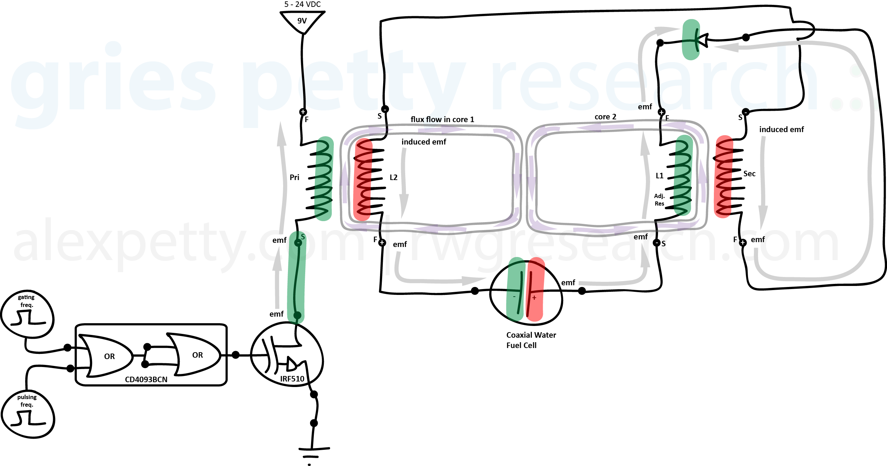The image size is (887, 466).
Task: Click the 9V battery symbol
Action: [302, 21]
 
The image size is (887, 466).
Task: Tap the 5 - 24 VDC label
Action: [302, 4]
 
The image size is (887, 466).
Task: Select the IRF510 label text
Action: [292, 379]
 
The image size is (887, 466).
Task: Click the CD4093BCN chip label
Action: [146, 379]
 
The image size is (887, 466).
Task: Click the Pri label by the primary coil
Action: [294, 177]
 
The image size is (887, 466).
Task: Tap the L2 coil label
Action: [393, 177]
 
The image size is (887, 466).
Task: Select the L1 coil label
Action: [659, 176]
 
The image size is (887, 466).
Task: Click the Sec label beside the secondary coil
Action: [749, 173]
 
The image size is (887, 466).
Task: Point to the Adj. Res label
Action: [659, 200]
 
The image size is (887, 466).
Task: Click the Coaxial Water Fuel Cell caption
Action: [531, 340]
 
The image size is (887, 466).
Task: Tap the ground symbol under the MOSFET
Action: [313, 452]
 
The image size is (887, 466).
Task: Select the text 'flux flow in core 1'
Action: [442, 119]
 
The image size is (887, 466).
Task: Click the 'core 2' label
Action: [605, 117]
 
